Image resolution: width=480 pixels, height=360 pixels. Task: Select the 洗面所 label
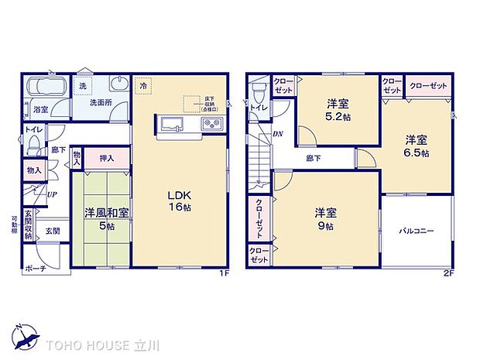point(98,101)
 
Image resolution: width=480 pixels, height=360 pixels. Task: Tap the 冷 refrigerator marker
point(142,87)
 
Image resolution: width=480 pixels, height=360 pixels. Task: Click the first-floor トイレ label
point(33,129)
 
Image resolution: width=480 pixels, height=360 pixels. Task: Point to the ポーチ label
point(35,268)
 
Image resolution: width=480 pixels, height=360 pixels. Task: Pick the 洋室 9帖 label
point(325,218)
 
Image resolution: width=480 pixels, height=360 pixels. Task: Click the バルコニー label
point(416,231)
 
